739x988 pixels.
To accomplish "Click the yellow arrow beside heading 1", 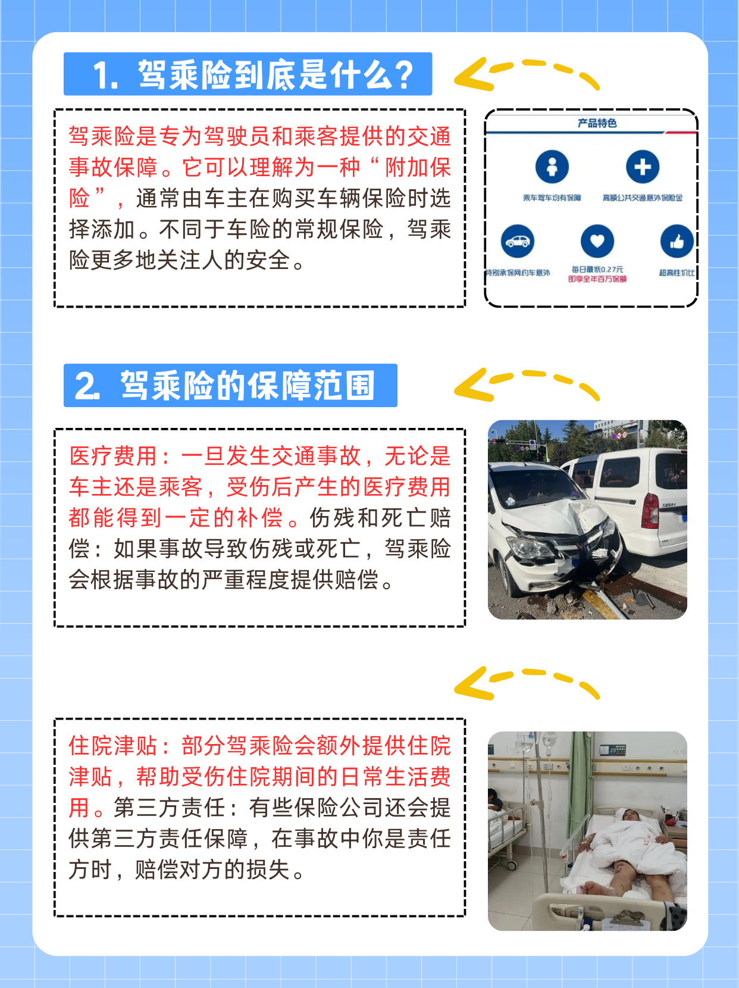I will pos(526,74).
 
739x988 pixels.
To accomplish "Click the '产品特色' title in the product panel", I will pos(597,123).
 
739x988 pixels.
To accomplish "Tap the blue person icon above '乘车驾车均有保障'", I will pos(552,167).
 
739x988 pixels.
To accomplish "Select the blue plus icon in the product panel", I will pos(643,167).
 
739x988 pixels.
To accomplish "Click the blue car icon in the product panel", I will pos(518,241).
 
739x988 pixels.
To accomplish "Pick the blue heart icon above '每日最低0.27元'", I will pos(597,241).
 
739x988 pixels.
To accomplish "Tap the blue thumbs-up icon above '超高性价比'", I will pos(677,242).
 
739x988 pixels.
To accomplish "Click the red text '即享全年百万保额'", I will pos(597,279).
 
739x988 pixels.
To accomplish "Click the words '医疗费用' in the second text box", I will pos(113,457).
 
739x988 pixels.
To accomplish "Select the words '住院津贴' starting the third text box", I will pos(113,746).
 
